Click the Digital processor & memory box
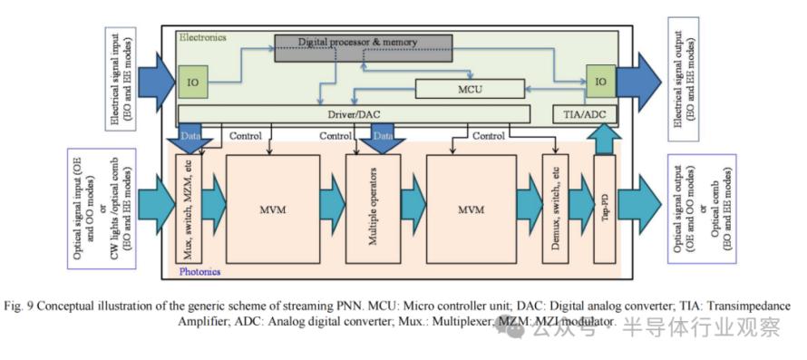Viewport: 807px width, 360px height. coord(364,48)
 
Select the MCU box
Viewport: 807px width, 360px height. coord(470,89)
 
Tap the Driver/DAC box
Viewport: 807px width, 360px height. coord(355,113)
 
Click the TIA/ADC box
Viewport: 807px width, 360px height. coord(584,114)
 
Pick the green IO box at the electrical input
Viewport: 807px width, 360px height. coord(193,82)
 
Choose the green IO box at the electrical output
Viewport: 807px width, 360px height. coord(600,82)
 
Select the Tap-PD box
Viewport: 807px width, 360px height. coord(605,209)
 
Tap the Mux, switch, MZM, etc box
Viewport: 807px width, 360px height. coord(189,209)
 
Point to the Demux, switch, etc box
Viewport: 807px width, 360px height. coord(555,209)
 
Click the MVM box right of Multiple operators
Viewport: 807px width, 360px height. coord(472,209)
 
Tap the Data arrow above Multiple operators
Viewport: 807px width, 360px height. coord(382,138)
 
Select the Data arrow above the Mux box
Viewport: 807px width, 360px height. coord(190,138)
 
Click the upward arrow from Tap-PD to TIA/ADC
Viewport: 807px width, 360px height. coord(605,139)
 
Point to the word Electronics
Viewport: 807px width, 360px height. coord(203,37)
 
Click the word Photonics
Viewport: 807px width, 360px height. coord(199,271)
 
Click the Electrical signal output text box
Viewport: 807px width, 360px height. coord(683,79)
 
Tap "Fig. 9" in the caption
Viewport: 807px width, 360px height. coord(18,306)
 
